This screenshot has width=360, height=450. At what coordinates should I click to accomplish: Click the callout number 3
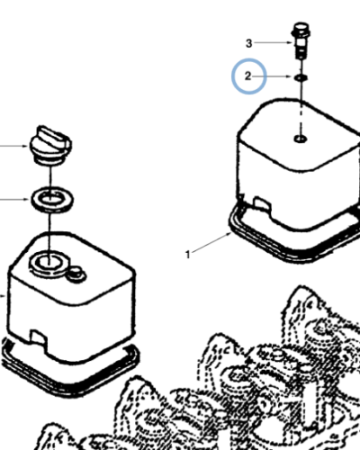[x=248, y=43]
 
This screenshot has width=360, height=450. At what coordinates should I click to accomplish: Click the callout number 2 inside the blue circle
[x=247, y=76]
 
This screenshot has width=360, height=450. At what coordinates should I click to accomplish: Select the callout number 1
[x=188, y=255]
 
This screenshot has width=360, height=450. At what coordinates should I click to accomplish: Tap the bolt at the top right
[x=301, y=40]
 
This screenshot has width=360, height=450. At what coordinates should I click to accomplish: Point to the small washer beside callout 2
[x=301, y=78]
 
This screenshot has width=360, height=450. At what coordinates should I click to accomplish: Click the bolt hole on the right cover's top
[x=301, y=139]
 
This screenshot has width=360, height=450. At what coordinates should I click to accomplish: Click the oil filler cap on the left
[x=50, y=146]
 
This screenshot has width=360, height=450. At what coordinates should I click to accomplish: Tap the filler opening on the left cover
[x=49, y=262]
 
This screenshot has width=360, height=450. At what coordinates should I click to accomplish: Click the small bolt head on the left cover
[x=76, y=274]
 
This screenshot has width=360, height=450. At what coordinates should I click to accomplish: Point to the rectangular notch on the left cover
[x=38, y=337]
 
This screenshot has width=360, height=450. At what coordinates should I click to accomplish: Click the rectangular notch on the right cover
[x=262, y=203]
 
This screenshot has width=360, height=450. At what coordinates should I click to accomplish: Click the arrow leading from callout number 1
[x=211, y=242]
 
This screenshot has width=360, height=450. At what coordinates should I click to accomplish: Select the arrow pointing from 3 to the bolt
[x=274, y=43]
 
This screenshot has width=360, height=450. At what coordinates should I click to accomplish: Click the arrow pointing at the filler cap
[x=14, y=146]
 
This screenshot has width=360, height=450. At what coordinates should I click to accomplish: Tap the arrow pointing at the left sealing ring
[x=14, y=199]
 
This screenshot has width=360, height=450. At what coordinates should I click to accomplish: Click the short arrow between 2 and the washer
[x=272, y=76]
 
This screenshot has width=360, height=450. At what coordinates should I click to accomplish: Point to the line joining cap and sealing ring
[x=50, y=177]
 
